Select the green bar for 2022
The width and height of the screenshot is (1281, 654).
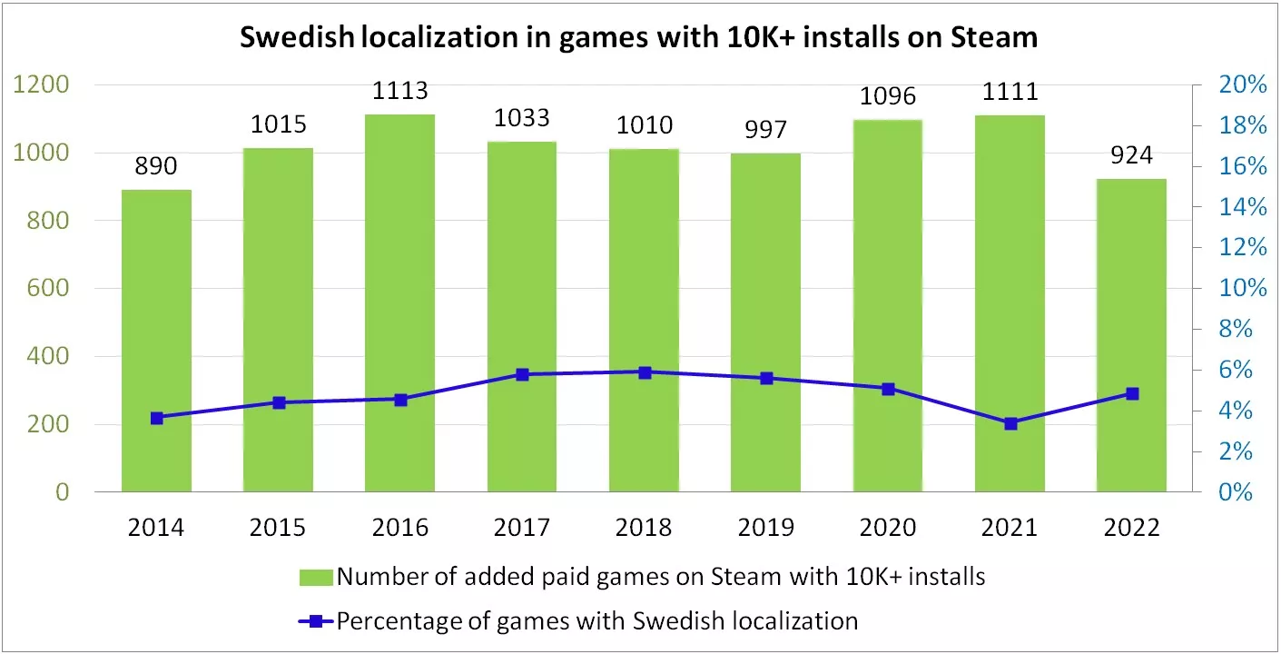[1131, 335]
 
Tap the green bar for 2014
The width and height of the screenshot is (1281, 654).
[156, 341]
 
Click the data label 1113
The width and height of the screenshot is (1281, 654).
[400, 92]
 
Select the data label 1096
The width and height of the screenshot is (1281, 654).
[888, 96]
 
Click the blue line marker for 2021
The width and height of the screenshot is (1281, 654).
[1010, 423]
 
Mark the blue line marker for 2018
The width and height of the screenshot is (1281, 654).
[645, 372]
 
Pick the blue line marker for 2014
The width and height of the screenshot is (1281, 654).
[157, 418]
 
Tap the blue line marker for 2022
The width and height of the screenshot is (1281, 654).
[1132, 394]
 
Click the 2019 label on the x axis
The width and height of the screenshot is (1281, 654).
[765, 528]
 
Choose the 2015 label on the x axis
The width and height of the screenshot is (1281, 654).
[278, 528]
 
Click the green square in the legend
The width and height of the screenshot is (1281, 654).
[317, 577]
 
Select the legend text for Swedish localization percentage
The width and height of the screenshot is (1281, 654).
[596, 621]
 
